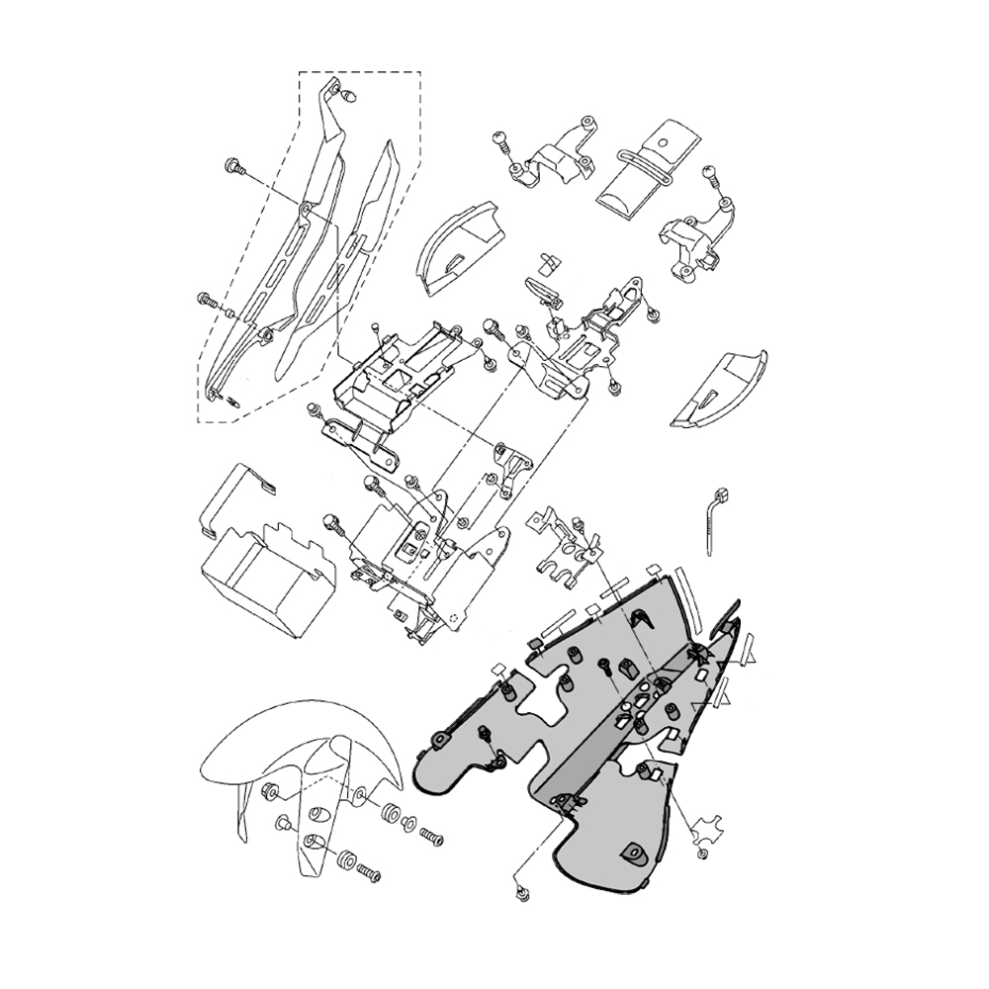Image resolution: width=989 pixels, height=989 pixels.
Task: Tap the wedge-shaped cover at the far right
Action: tap(720, 388)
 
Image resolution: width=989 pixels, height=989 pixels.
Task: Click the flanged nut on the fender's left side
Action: tap(268, 792)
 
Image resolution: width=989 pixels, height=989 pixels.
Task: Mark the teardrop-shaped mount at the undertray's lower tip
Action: tap(631, 851)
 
